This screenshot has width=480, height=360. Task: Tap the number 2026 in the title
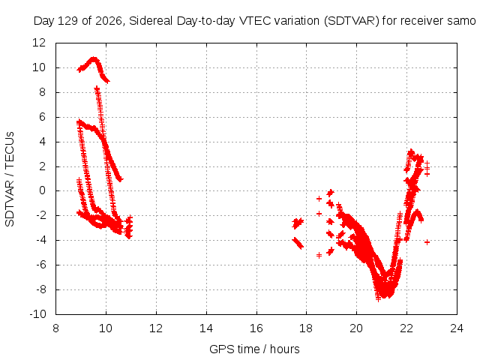tap(109, 21)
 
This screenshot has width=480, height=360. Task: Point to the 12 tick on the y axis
tap(39, 43)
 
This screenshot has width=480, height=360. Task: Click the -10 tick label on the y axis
tap(37, 314)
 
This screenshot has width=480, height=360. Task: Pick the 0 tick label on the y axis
tap(42, 190)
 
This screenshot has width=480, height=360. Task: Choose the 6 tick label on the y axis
tap(42, 117)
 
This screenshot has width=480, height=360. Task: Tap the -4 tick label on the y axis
tap(40, 240)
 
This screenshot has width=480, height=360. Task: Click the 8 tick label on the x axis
tap(55, 328)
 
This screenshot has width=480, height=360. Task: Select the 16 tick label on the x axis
tap(256, 328)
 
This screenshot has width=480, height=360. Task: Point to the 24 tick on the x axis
tap(457, 328)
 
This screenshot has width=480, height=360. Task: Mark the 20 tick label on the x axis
tap(356, 328)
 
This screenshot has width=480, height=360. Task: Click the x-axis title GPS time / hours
tap(254, 349)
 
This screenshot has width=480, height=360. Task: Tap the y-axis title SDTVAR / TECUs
tap(10, 179)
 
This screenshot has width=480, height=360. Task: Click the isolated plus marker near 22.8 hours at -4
tap(427, 242)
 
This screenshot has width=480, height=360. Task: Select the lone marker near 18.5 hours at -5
tap(319, 255)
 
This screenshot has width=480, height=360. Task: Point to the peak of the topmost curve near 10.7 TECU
tap(93, 58)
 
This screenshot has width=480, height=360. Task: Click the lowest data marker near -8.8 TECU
tap(379, 298)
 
